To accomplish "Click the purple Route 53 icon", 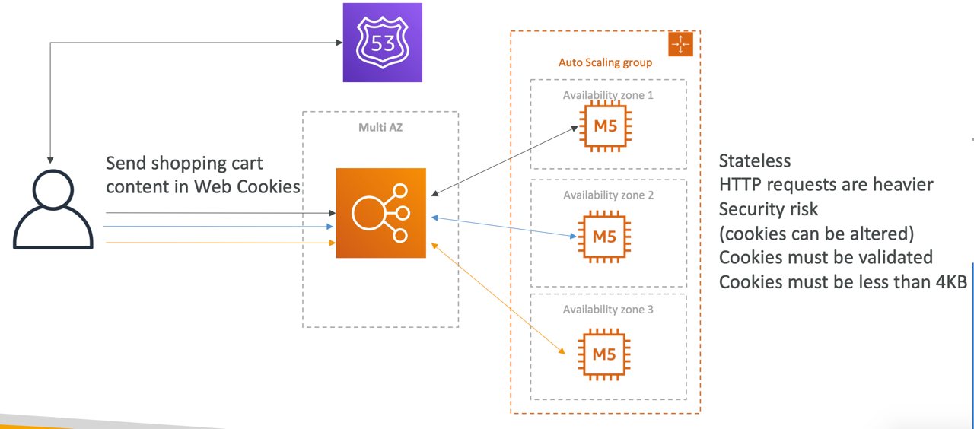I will [x=382, y=43].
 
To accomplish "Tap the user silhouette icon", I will [x=53, y=209].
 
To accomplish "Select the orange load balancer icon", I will [x=380, y=213].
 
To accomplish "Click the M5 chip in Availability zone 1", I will [x=605, y=126].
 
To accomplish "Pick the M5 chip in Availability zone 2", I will [x=604, y=237].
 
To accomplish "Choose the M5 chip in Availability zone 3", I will [x=604, y=354].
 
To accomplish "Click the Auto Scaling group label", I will [x=605, y=62].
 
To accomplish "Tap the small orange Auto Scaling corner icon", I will [x=680, y=44].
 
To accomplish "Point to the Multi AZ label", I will [x=380, y=127].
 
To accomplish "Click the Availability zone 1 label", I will [x=608, y=95].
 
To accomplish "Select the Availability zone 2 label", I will [x=608, y=195].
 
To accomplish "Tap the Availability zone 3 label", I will [x=608, y=310].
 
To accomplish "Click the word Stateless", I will [x=755, y=161].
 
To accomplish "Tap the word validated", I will [x=893, y=258].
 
